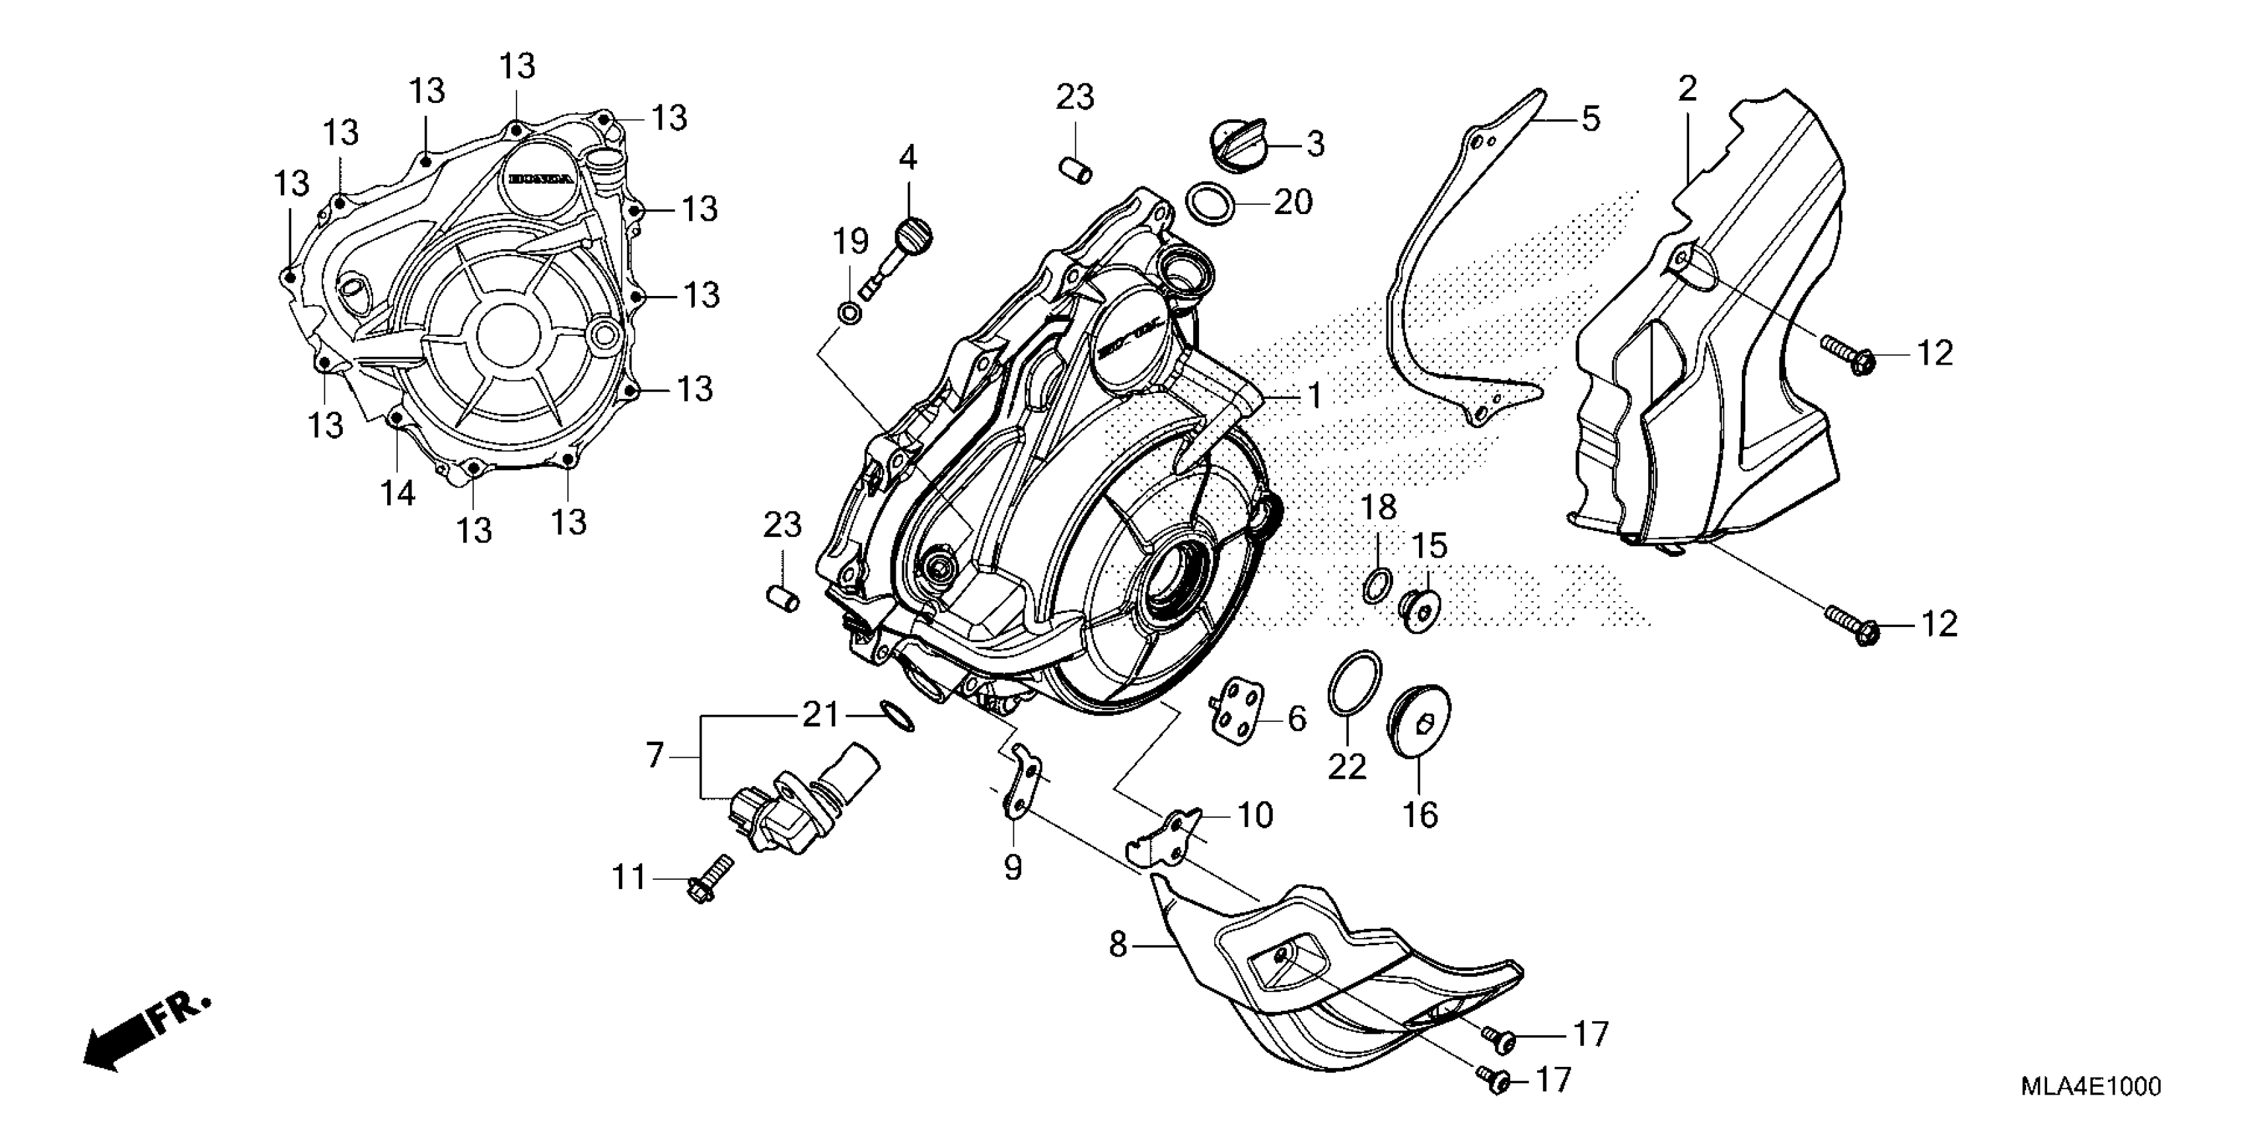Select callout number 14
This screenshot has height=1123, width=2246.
click(x=398, y=493)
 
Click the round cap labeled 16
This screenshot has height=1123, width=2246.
click(x=1418, y=723)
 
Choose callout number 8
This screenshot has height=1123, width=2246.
click(x=1118, y=944)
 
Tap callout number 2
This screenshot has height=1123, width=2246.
click(x=1688, y=89)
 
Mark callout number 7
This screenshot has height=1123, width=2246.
click(x=656, y=755)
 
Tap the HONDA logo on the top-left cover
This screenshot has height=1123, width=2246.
click(x=542, y=180)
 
